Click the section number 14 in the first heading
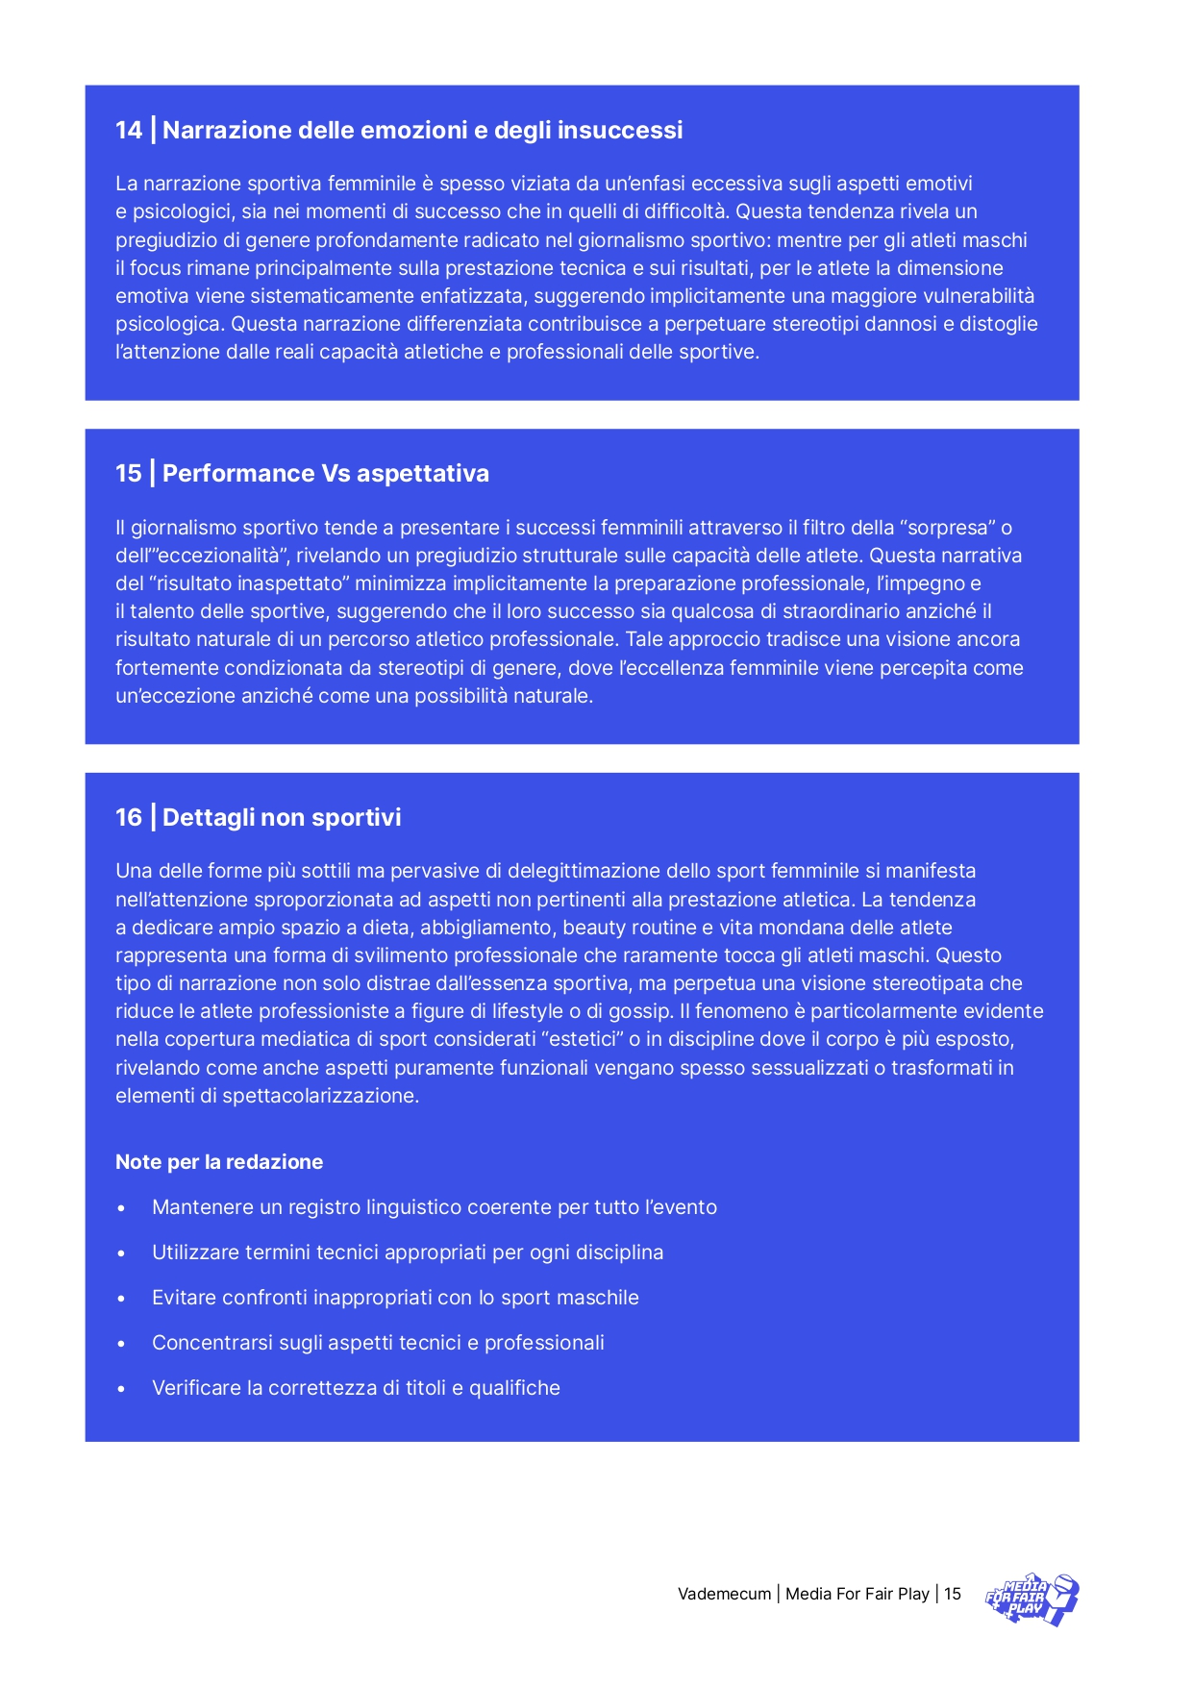point(128,130)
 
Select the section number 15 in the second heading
point(128,473)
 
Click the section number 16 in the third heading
point(128,817)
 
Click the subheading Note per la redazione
point(219,1161)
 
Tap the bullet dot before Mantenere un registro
point(121,1208)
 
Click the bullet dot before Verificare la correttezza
point(121,1389)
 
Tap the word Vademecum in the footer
point(724,1594)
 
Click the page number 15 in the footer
point(952,1594)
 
